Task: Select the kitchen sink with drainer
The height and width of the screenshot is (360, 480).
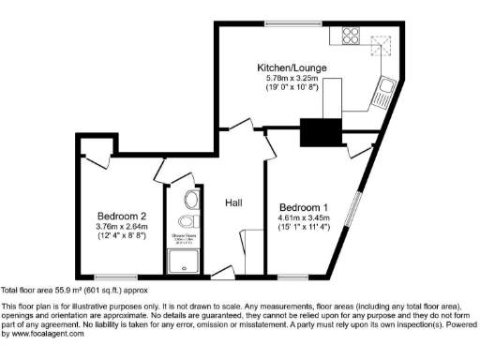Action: (386, 92)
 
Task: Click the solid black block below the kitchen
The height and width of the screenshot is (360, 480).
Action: (317, 133)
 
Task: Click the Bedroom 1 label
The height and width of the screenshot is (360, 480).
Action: (304, 205)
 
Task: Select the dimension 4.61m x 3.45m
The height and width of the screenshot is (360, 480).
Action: (304, 217)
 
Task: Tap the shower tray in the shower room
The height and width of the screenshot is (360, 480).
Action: (182, 263)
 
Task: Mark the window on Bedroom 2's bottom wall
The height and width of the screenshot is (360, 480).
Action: (122, 278)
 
